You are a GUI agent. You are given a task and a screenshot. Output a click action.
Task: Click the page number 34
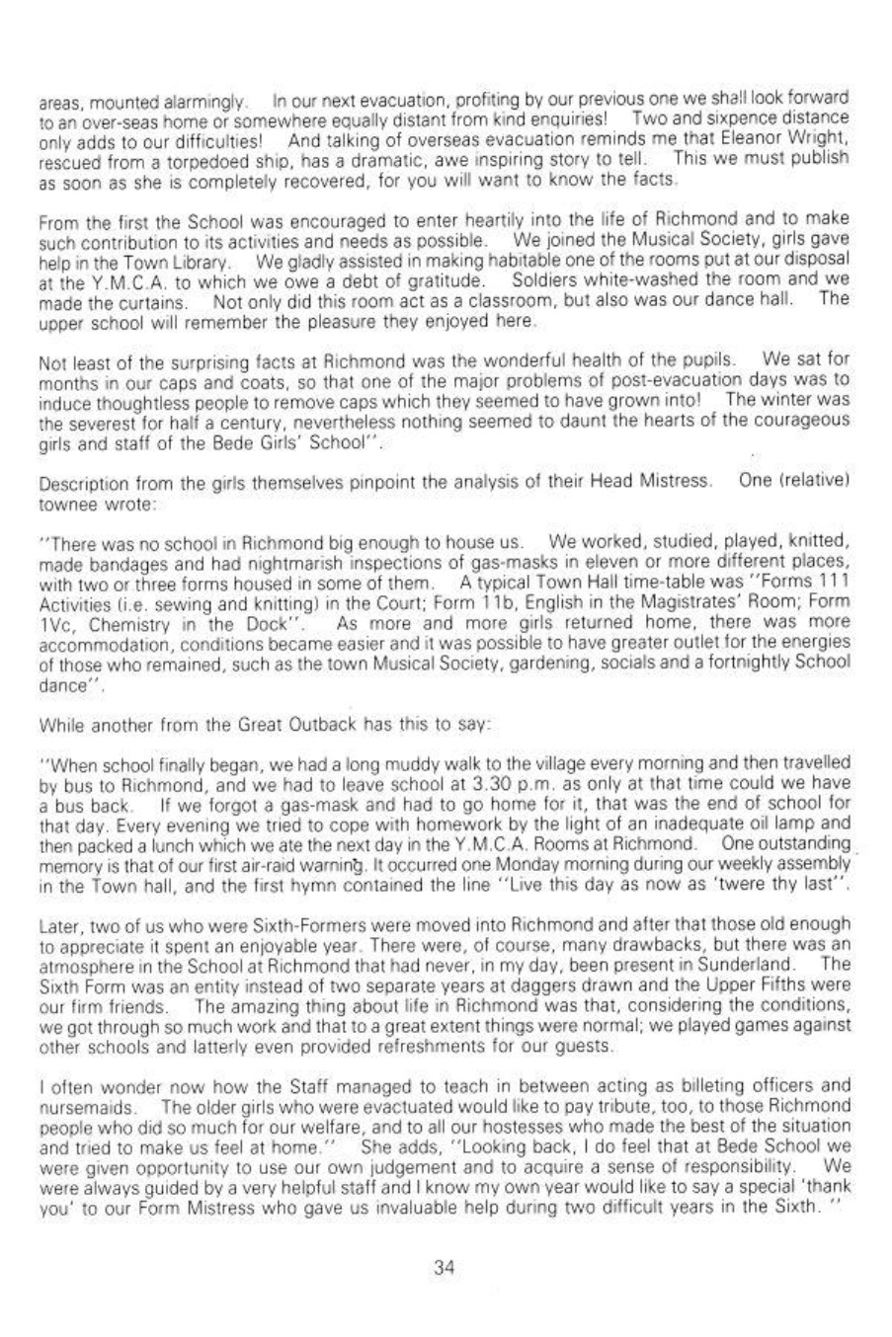[444, 1270]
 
